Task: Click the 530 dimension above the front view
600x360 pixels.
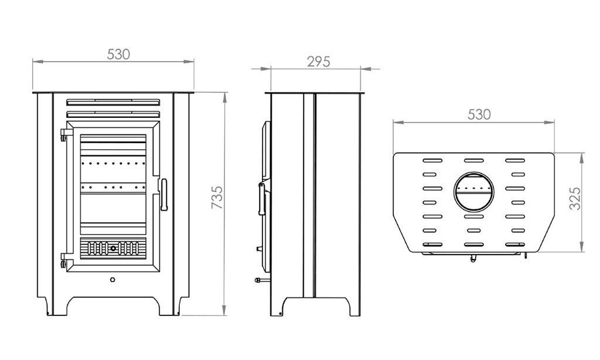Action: click(118, 54)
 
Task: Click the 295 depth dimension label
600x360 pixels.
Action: click(319, 62)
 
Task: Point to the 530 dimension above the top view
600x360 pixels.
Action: click(479, 115)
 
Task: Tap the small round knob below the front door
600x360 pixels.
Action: click(112, 280)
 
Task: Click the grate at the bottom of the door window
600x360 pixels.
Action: click(112, 248)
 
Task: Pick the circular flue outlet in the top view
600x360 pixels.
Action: click(473, 192)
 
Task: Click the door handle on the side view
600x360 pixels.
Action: click(261, 199)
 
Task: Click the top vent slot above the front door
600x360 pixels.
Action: click(113, 101)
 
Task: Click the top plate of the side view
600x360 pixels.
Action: click(316, 92)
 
